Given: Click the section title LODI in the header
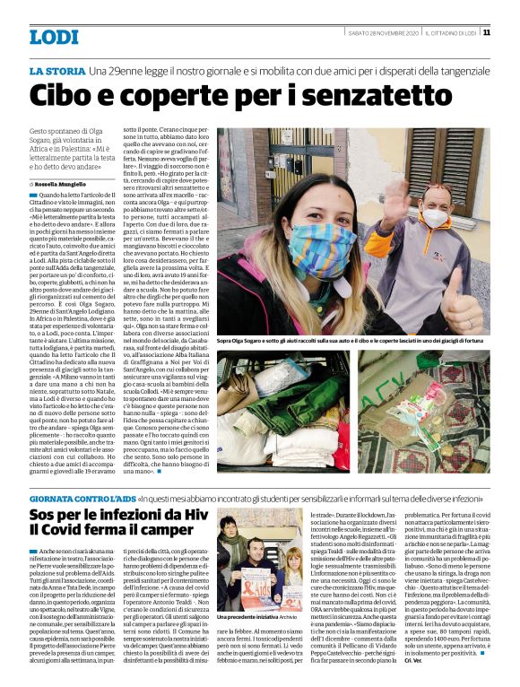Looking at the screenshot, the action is (53, 36).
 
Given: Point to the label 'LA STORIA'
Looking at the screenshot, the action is (56, 70).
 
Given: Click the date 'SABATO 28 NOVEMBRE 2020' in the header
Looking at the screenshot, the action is (384, 32).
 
